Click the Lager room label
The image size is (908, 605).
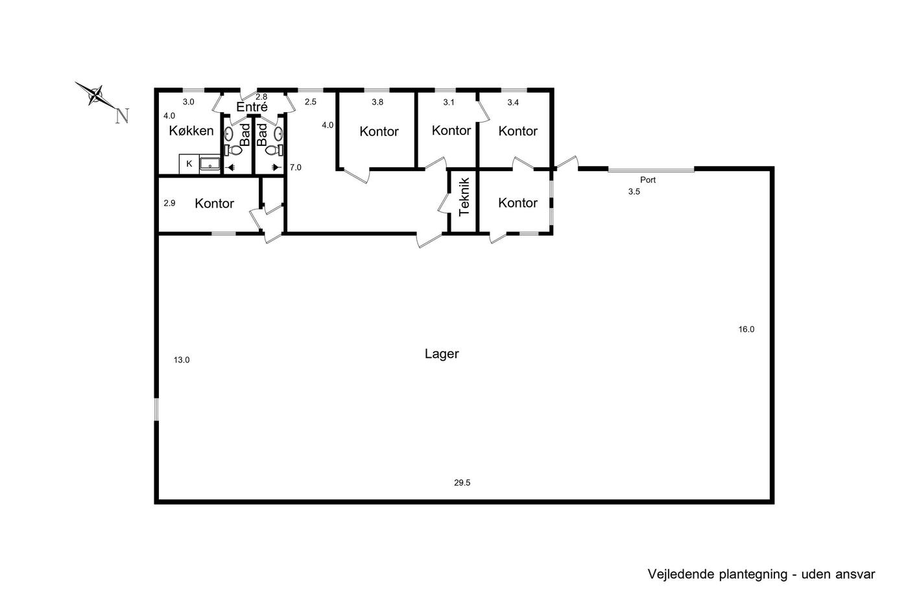[442, 354]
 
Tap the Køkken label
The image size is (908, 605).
[191, 130]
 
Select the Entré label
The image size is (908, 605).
[252, 107]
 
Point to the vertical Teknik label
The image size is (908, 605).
[464, 197]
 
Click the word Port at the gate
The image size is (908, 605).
[647, 180]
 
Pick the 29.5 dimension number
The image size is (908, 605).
[462, 482]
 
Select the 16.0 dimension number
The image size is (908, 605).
[747, 329]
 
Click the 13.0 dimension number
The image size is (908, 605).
[181, 360]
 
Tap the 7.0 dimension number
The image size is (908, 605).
[296, 167]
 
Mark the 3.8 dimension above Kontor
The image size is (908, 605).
[377, 102]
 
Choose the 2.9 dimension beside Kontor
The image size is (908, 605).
[169, 203]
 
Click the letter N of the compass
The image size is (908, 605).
[122, 116]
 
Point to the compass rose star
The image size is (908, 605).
[96, 95]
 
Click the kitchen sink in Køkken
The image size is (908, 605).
[209, 164]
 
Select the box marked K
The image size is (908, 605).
[189, 164]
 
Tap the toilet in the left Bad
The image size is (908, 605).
[233, 150]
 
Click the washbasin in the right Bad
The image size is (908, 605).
[278, 134]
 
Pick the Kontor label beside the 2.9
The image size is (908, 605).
[214, 203]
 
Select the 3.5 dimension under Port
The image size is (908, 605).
[634, 192]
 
